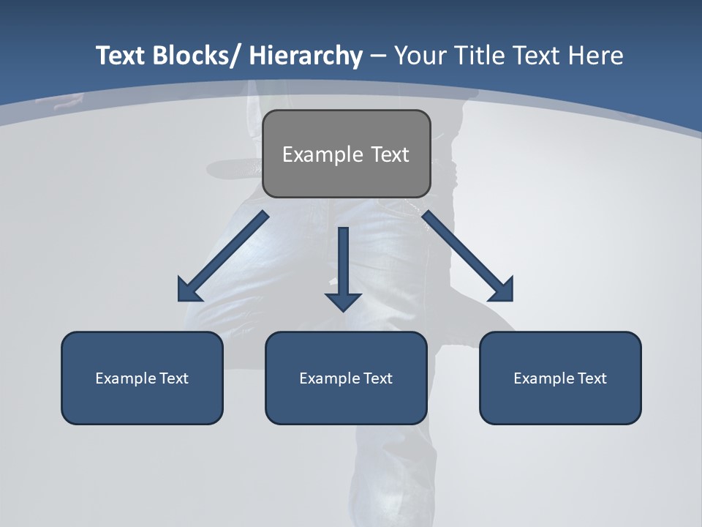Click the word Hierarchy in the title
[306, 56]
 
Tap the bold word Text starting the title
[121, 56]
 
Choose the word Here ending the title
[595, 56]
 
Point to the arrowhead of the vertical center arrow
[343, 301]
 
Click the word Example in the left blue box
[126, 378]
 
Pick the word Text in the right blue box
[592, 378]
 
